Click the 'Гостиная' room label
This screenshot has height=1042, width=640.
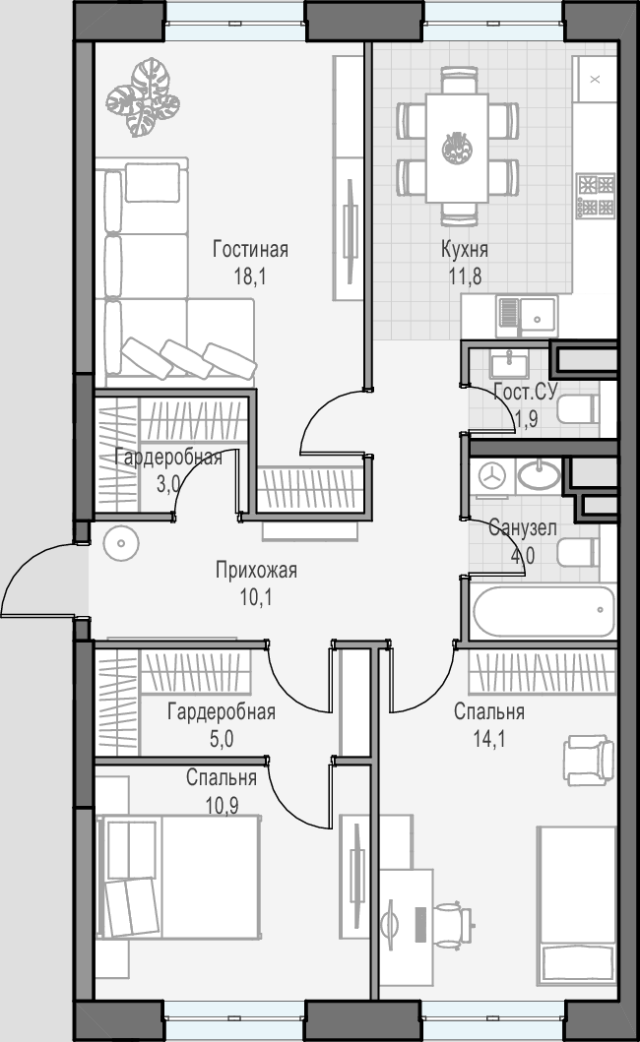(x=250, y=249)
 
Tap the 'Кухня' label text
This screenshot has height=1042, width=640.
(x=465, y=249)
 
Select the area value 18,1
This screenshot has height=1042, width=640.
(x=250, y=276)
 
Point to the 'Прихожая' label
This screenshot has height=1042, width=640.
(x=256, y=570)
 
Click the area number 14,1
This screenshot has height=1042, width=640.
(x=489, y=738)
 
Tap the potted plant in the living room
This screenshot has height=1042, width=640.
(x=143, y=97)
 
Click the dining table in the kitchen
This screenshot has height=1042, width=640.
(x=457, y=148)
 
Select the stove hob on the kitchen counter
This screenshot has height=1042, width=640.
(x=596, y=196)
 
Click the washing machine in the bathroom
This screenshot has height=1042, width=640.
(x=492, y=476)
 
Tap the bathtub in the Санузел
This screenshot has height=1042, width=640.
(x=544, y=611)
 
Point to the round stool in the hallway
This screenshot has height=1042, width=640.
(x=121, y=543)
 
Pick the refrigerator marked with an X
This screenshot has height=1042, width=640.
(x=595, y=79)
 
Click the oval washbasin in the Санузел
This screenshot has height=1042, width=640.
(x=539, y=474)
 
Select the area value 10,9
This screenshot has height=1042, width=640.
(x=222, y=806)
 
